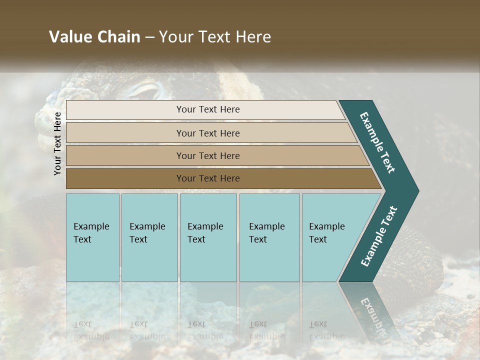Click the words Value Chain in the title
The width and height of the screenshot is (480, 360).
(x=94, y=37)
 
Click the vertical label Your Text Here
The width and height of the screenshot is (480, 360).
(x=57, y=144)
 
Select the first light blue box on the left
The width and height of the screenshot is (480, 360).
(x=92, y=237)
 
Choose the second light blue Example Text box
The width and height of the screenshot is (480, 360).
(x=149, y=237)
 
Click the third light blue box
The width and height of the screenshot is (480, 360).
(x=208, y=237)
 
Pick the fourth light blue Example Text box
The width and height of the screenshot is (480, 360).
(x=269, y=237)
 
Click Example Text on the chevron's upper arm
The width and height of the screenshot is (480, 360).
(x=378, y=143)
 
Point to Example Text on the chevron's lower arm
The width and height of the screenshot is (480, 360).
(x=379, y=236)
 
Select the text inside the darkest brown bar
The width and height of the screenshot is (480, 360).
(x=208, y=178)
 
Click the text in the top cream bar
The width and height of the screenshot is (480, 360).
(x=208, y=109)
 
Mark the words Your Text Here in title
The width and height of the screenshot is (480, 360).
(x=215, y=37)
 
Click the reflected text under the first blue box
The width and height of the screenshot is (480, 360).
(x=91, y=330)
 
